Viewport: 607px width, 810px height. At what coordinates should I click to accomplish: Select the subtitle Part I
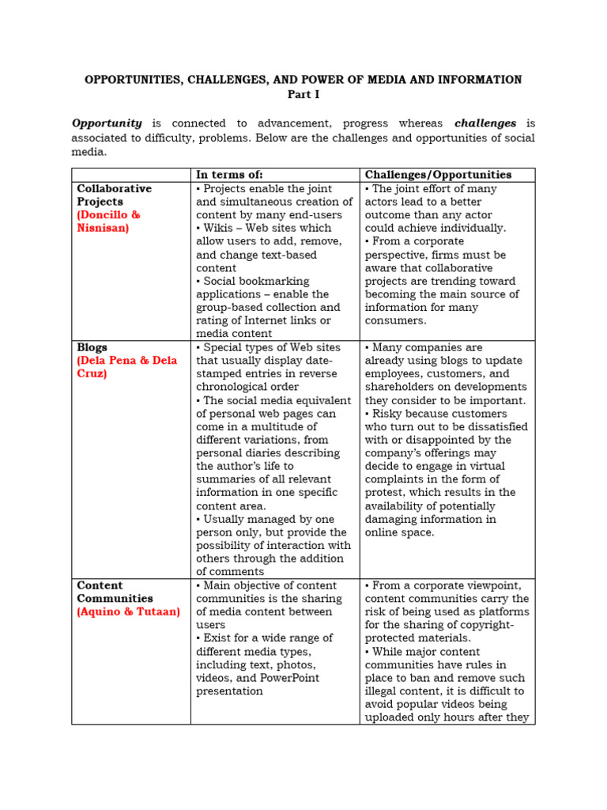(303, 94)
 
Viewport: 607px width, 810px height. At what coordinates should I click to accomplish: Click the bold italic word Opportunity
(107, 123)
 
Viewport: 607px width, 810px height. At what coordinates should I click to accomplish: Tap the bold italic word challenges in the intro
(485, 123)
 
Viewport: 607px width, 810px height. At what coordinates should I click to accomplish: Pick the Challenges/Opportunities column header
(438, 175)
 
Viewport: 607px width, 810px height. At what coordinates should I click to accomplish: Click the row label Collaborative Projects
(114, 195)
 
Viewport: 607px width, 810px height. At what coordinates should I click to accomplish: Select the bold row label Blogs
(92, 347)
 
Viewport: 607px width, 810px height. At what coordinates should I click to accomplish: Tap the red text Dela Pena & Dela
(126, 361)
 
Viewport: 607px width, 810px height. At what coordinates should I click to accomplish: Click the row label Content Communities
(115, 592)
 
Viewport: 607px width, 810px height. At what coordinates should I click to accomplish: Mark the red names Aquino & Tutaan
(128, 612)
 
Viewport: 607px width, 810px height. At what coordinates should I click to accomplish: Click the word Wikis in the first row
(220, 229)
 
